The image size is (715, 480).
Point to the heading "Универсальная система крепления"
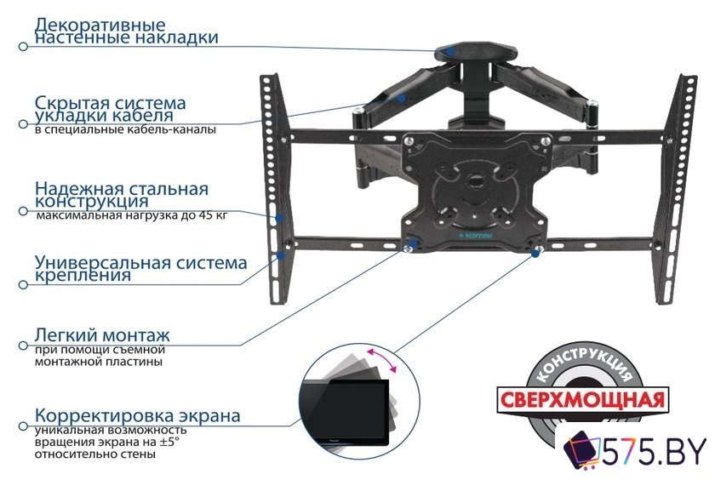(140, 268)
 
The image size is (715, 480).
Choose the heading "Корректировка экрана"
(137, 416)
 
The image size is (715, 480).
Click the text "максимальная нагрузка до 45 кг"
(132, 217)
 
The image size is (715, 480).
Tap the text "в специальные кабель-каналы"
(125, 130)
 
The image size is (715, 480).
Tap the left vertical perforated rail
(272, 187)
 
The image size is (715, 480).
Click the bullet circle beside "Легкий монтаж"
(22, 347)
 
